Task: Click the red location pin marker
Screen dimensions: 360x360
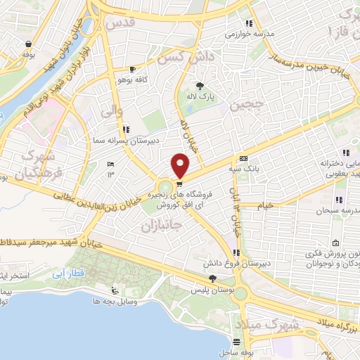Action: coord(181,165)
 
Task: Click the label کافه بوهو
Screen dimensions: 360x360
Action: coord(131,80)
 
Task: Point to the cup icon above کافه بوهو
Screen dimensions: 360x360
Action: coord(133,70)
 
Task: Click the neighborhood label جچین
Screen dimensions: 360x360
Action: coord(248,106)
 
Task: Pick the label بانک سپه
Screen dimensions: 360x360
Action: coord(245,169)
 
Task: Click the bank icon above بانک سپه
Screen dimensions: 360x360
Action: coord(243,159)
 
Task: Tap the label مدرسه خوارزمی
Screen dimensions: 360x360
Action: coord(249,33)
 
